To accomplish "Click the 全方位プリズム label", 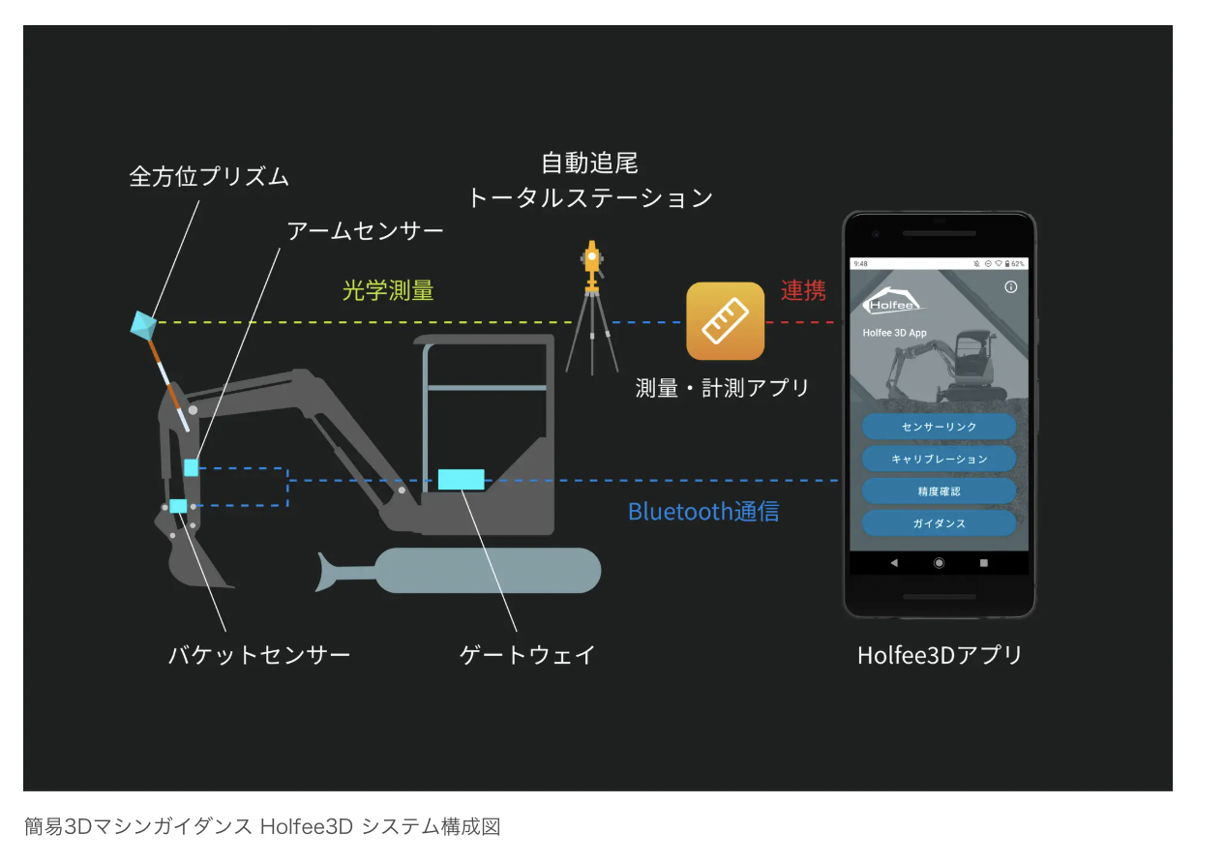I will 209,176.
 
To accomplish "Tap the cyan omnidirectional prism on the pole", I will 143,325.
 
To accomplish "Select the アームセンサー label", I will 365,230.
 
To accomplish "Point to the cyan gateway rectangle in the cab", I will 461,479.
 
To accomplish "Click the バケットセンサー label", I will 259,655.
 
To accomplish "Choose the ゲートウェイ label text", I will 527,655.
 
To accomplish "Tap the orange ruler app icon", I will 726,321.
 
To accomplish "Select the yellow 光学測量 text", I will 388,289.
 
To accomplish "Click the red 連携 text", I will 803,290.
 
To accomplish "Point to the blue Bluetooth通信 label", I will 703,511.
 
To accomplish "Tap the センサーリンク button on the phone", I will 939,427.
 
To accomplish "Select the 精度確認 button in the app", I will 939,491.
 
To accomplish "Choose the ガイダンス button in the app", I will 939,523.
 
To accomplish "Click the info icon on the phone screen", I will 1011,287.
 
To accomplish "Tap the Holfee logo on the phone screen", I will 893,302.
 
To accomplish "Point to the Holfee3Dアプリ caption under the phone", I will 940,655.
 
